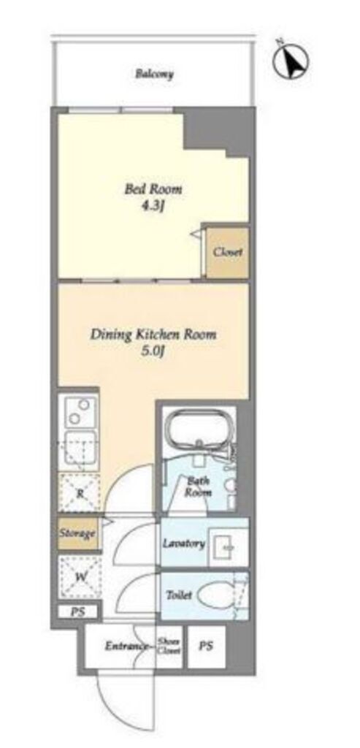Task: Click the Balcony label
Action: (153, 74)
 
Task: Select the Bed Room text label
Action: (153, 189)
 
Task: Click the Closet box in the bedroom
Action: (227, 253)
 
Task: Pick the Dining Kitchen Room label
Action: (153, 335)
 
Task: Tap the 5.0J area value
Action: (153, 351)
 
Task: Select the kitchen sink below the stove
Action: (79, 449)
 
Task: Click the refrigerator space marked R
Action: (80, 494)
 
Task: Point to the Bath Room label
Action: (198, 486)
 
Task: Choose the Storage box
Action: (78, 534)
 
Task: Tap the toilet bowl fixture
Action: (216, 596)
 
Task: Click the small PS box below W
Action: (77, 612)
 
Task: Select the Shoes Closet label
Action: (169, 646)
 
